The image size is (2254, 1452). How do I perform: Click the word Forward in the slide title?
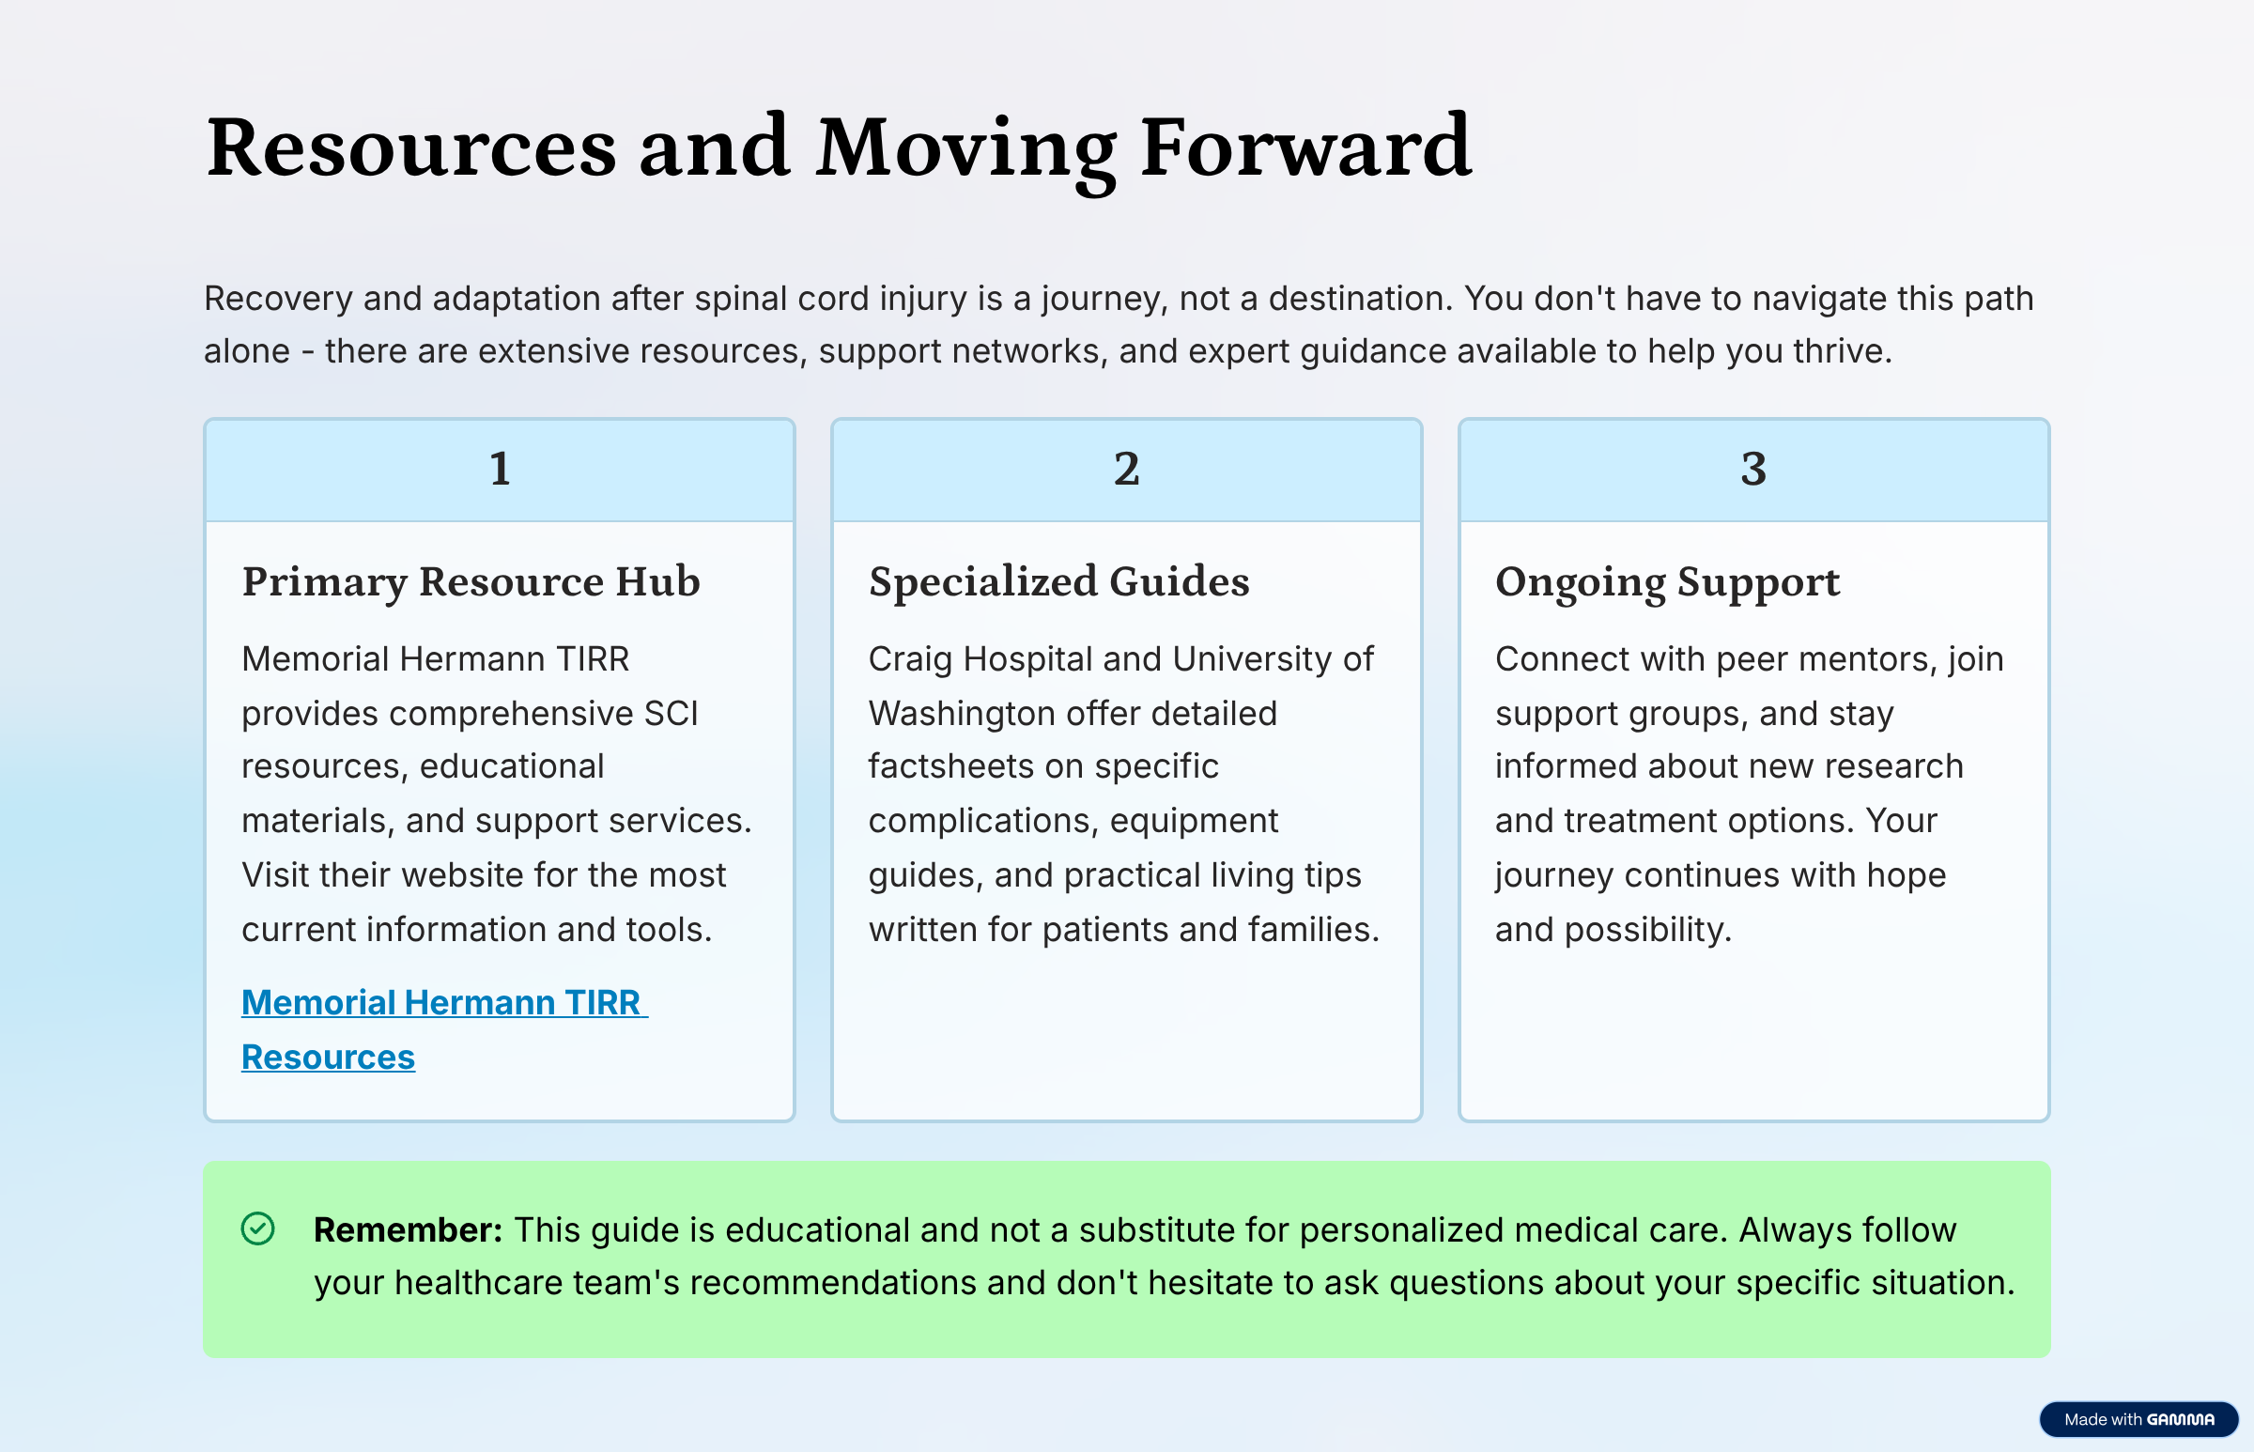pyautogui.click(x=1305, y=147)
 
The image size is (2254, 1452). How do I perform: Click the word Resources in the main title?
pyautogui.click(x=411, y=147)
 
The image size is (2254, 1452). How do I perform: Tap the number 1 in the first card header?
pyautogui.click(x=500, y=469)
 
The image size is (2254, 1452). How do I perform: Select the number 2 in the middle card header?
pyautogui.click(x=1126, y=469)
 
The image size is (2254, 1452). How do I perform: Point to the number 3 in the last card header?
pyautogui.click(x=1753, y=469)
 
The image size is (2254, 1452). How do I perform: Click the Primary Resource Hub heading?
pyautogui.click(x=471, y=581)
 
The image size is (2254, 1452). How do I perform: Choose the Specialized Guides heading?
pyautogui.click(x=1058, y=581)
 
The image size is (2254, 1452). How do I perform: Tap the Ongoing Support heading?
pyautogui.click(x=1667, y=582)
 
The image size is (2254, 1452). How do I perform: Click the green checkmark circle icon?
pyautogui.click(x=257, y=1228)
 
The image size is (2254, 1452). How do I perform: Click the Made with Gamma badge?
pyautogui.click(x=2138, y=1419)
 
